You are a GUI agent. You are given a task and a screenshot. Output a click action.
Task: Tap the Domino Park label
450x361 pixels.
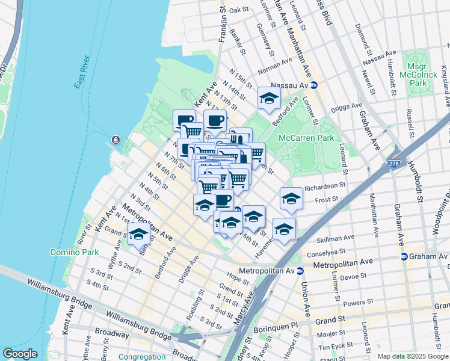(x=74, y=252)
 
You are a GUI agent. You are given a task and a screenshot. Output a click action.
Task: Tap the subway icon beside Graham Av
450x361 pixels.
(x=404, y=256)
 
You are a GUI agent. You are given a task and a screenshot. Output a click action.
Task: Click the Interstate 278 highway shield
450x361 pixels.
(x=394, y=162)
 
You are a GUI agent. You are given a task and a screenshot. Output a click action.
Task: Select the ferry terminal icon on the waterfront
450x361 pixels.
(x=114, y=141)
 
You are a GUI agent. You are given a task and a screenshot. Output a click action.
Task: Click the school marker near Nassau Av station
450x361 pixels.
(x=269, y=97)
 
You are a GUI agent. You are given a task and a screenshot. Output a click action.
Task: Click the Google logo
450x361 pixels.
(x=20, y=354)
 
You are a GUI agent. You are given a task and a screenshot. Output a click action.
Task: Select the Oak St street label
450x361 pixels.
(x=239, y=10)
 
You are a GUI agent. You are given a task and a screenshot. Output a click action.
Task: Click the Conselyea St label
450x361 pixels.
(x=325, y=251)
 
